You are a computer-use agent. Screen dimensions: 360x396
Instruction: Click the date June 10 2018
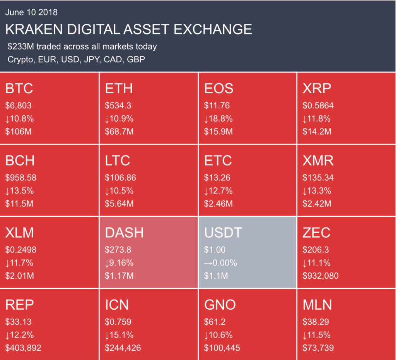(31, 12)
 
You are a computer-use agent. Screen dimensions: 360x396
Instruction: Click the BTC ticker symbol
(19, 89)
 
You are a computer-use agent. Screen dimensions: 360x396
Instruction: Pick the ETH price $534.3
(118, 105)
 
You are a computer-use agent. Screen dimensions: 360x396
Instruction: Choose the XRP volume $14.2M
(317, 132)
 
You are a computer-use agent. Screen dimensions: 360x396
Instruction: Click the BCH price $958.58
(21, 178)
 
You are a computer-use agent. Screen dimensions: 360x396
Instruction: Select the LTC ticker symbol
(118, 160)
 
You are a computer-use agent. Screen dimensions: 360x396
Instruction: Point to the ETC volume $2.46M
(218, 204)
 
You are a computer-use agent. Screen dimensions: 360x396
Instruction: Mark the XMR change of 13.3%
(317, 191)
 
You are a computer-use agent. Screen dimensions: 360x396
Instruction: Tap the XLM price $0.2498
(21, 250)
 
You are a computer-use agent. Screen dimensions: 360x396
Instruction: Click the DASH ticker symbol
(124, 232)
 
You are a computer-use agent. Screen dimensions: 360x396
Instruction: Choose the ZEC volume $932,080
(321, 276)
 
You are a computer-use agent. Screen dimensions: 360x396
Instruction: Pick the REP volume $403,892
(23, 348)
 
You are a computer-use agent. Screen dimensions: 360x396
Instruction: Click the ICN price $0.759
(118, 322)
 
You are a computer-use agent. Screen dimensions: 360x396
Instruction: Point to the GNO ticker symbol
(220, 305)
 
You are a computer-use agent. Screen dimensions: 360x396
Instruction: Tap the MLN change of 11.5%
(317, 335)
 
